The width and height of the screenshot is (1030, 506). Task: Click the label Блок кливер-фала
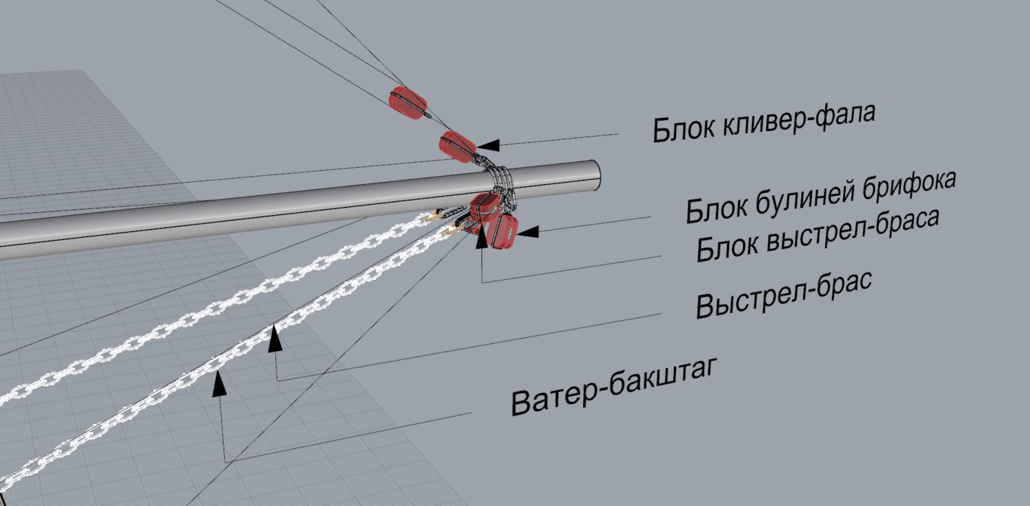pos(764,122)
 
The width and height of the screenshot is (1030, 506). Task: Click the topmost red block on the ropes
pos(408,103)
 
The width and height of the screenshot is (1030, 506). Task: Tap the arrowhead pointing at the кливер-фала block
pos(488,145)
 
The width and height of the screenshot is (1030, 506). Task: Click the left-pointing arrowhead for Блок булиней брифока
pos(527,232)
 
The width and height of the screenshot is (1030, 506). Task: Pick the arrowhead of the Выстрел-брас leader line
pos(275,338)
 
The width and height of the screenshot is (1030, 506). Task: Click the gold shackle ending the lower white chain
pos(453,229)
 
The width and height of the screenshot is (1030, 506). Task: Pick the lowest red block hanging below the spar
pos(502,231)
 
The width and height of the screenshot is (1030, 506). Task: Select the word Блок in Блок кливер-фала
pos(680,129)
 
